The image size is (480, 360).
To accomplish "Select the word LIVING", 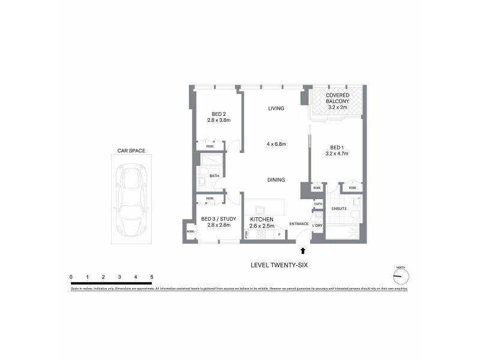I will click(x=276, y=109).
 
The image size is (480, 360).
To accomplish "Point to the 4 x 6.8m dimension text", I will click(x=276, y=144).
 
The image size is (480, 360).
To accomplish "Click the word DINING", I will click(x=276, y=180).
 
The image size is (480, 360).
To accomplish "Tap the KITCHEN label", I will click(x=262, y=220).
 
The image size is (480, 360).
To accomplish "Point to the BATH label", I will click(x=214, y=176).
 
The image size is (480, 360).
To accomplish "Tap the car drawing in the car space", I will click(x=131, y=201).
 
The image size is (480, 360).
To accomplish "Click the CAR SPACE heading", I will click(x=131, y=151).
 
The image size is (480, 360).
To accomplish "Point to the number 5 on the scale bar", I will click(x=152, y=277).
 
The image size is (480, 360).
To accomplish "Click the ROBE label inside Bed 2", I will click(x=210, y=146).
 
